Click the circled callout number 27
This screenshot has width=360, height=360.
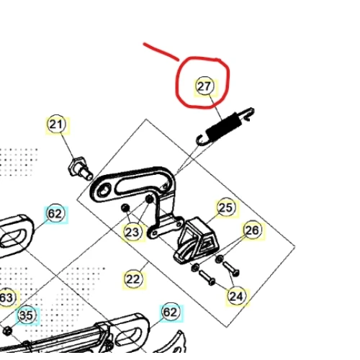click(204, 86)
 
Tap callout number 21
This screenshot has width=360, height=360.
click(57, 125)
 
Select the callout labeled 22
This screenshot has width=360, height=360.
click(133, 279)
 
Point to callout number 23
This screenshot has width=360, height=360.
click(132, 233)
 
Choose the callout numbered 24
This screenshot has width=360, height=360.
click(236, 296)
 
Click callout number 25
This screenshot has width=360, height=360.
click(226, 208)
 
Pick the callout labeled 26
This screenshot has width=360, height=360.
click(252, 230)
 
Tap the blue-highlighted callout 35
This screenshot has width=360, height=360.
click(27, 315)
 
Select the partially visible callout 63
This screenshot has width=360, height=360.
click(6, 298)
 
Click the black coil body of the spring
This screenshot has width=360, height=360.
click(224, 126)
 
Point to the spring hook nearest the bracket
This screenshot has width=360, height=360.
click(202, 140)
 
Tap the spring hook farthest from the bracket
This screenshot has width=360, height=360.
click(247, 113)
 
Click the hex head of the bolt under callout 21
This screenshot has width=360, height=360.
click(77, 166)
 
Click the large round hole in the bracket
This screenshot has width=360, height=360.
click(104, 190)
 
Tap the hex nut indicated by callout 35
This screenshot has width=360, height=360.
click(7, 331)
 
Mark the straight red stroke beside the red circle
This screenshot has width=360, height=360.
click(161, 52)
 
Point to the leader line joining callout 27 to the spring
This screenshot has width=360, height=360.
click(216, 108)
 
